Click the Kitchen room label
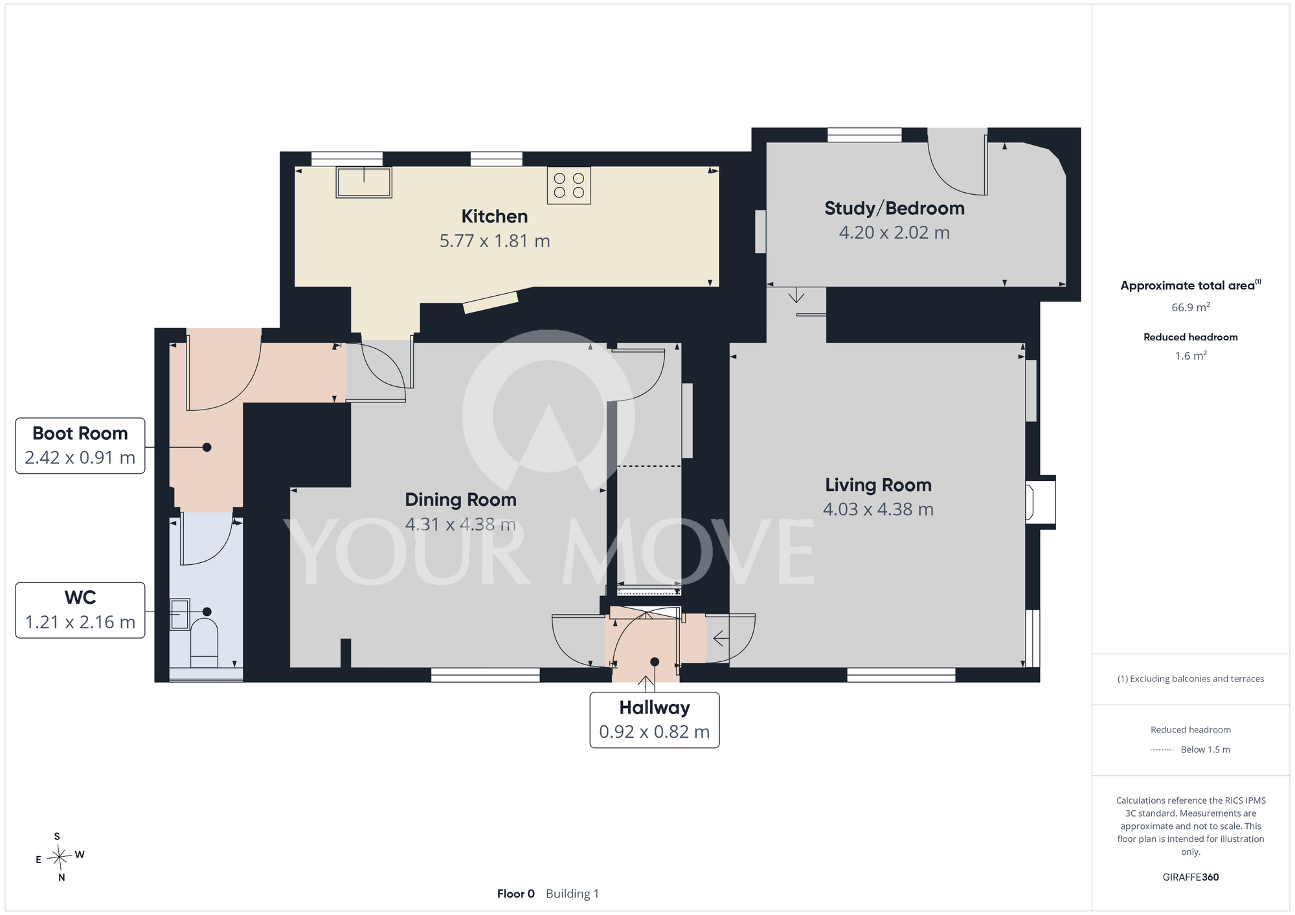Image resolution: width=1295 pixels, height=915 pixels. (495, 216)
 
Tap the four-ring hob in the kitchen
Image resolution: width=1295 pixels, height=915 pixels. (569, 186)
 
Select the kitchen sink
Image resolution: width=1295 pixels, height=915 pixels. (364, 182)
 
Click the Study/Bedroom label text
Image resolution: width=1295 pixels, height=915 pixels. (894, 208)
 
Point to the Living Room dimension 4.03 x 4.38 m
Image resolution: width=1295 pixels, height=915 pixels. (878, 509)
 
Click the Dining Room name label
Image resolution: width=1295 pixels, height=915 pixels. (460, 500)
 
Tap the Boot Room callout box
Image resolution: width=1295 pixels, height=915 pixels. (80, 446)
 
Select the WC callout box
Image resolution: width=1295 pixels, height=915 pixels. (80, 610)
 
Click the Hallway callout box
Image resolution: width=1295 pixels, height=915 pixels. (655, 720)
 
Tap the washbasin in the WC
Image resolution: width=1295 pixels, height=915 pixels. (180, 614)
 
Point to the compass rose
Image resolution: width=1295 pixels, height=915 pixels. (60, 857)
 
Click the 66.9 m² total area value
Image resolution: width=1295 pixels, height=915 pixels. (1191, 307)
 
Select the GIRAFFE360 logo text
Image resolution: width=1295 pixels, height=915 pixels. (1191, 877)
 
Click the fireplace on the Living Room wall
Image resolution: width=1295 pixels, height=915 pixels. (1040, 503)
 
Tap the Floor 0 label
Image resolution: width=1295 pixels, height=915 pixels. (516, 894)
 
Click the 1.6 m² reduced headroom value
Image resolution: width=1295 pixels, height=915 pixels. (1191, 355)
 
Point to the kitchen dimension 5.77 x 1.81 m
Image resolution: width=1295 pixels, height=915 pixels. (495, 241)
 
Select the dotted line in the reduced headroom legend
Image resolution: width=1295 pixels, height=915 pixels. (1162, 750)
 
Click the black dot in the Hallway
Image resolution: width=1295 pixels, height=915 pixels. (655, 661)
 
